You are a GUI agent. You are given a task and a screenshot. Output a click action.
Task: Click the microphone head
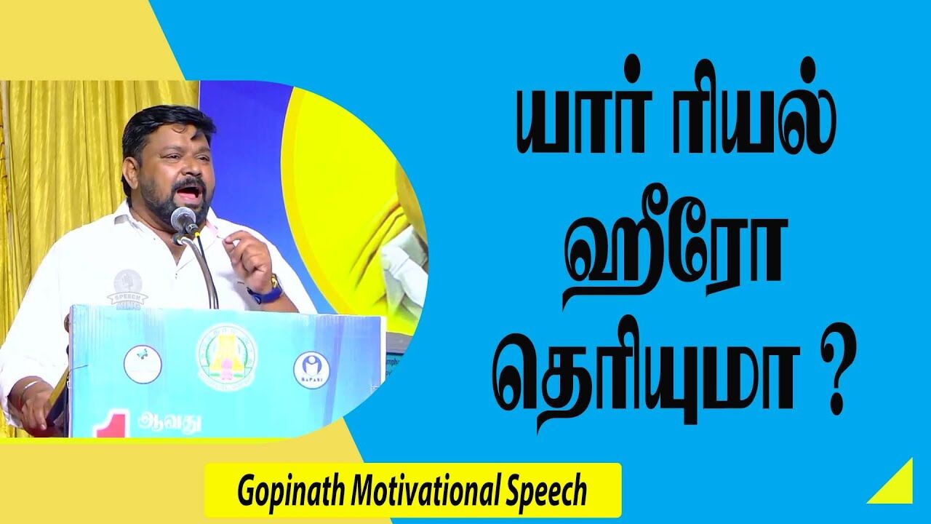click(183, 218)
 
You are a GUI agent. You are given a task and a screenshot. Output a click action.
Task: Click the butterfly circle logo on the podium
click(142, 363)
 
